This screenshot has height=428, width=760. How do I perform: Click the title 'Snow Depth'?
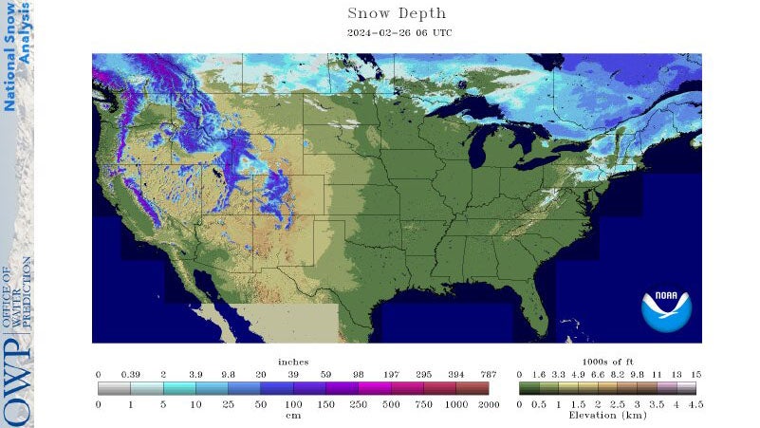397,13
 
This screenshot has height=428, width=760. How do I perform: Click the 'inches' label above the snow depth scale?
293,362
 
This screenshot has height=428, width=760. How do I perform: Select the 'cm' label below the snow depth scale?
293,415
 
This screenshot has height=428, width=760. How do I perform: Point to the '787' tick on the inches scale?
489,375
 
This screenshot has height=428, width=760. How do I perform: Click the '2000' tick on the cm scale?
489,404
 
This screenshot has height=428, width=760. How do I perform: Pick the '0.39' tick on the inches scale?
131,375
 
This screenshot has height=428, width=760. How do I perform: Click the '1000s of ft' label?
606,362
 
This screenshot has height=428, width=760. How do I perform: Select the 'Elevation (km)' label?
606,415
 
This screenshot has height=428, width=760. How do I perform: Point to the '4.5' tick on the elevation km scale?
695,404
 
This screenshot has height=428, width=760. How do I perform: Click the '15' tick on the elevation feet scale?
695,375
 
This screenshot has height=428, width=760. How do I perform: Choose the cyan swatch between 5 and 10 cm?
179,388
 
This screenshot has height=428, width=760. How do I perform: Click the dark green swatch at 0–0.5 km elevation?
527,388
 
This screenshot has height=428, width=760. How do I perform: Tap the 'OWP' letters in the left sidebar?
16,384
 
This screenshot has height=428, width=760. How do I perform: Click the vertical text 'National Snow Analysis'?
16,57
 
